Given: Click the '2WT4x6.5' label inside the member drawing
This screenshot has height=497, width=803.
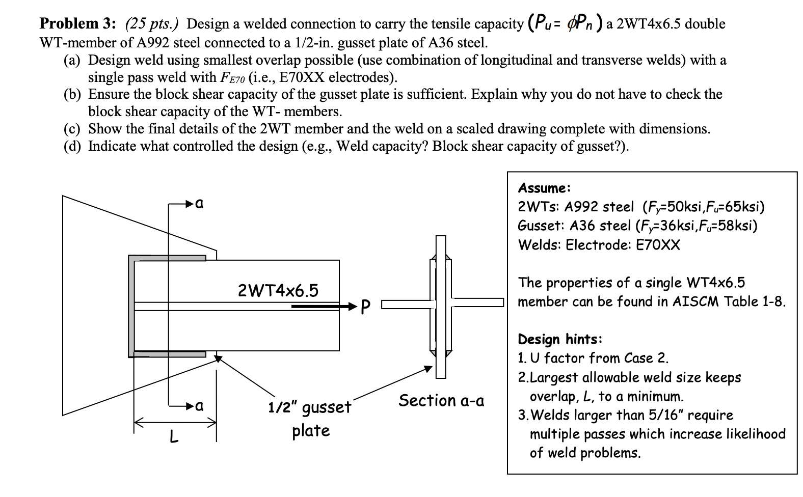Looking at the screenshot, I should tap(278, 290).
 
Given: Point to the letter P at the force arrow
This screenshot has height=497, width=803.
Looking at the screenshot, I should tap(365, 307).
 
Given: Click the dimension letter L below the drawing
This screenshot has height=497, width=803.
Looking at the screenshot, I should tap(174, 436).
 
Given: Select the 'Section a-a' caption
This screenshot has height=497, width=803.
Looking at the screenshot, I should tap(441, 401).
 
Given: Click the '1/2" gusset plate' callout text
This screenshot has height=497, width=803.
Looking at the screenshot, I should tap(310, 419).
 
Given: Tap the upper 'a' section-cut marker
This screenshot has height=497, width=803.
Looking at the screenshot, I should tap(200, 204).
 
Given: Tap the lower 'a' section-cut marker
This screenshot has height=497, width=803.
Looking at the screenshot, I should tap(200, 406).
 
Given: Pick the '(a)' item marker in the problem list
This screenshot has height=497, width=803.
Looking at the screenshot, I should tap(73, 61).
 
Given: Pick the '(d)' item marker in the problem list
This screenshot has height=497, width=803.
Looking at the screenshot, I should tap(73, 147).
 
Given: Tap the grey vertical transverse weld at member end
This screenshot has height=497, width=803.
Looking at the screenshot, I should tap(132, 306).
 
